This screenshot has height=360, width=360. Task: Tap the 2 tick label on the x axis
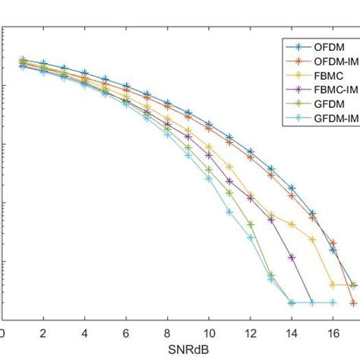point(43,333)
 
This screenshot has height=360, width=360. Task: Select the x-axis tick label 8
point(168,333)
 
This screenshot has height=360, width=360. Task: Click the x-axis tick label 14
point(292,333)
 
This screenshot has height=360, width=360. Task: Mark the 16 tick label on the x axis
point(333,333)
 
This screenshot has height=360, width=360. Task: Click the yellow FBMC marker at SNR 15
point(312,239)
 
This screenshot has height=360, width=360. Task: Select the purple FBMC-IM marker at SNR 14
point(292,257)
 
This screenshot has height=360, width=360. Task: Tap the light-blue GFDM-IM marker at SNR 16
point(333,302)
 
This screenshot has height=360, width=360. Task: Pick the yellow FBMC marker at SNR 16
point(333,285)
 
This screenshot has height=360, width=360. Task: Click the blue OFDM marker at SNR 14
point(292,188)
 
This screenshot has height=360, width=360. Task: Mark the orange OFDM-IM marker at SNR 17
point(354,302)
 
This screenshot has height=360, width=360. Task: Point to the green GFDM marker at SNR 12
point(250,224)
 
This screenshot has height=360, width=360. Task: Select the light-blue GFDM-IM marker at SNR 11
point(229,212)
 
